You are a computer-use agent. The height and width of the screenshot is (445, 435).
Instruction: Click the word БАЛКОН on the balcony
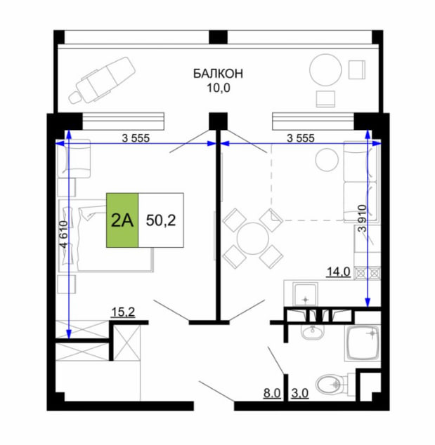[x=218, y=74]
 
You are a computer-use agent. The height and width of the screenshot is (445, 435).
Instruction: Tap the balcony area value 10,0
[x=219, y=88]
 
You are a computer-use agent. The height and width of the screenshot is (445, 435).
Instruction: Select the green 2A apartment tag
[x=122, y=220]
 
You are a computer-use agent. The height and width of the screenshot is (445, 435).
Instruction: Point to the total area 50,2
[x=161, y=220]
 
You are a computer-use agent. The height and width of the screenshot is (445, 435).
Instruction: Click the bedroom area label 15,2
[x=123, y=312]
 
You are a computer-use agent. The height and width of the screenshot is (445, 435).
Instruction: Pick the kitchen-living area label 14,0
[x=339, y=272]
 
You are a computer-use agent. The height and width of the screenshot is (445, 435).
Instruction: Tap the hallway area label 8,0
[x=272, y=393]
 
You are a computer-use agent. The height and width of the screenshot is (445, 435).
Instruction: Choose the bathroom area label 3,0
[x=300, y=393]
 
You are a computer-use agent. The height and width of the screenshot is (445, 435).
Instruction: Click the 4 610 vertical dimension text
[x=65, y=234]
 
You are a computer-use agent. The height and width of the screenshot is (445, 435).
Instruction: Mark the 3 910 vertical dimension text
[x=363, y=218]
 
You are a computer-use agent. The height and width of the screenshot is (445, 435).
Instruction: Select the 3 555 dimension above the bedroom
[x=136, y=138]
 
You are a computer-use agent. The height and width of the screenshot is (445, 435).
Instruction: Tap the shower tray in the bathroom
[x=362, y=343]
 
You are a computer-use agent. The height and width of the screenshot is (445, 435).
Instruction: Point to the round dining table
[x=252, y=239]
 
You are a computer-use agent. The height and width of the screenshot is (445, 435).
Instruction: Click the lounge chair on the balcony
[x=103, y=80]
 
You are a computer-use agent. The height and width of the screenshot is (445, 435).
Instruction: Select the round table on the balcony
[x=325, y=69]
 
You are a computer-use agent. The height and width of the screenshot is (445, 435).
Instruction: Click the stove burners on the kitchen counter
[x=368, y=273]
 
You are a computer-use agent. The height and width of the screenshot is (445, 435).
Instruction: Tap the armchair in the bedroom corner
[x=74, y=159]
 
